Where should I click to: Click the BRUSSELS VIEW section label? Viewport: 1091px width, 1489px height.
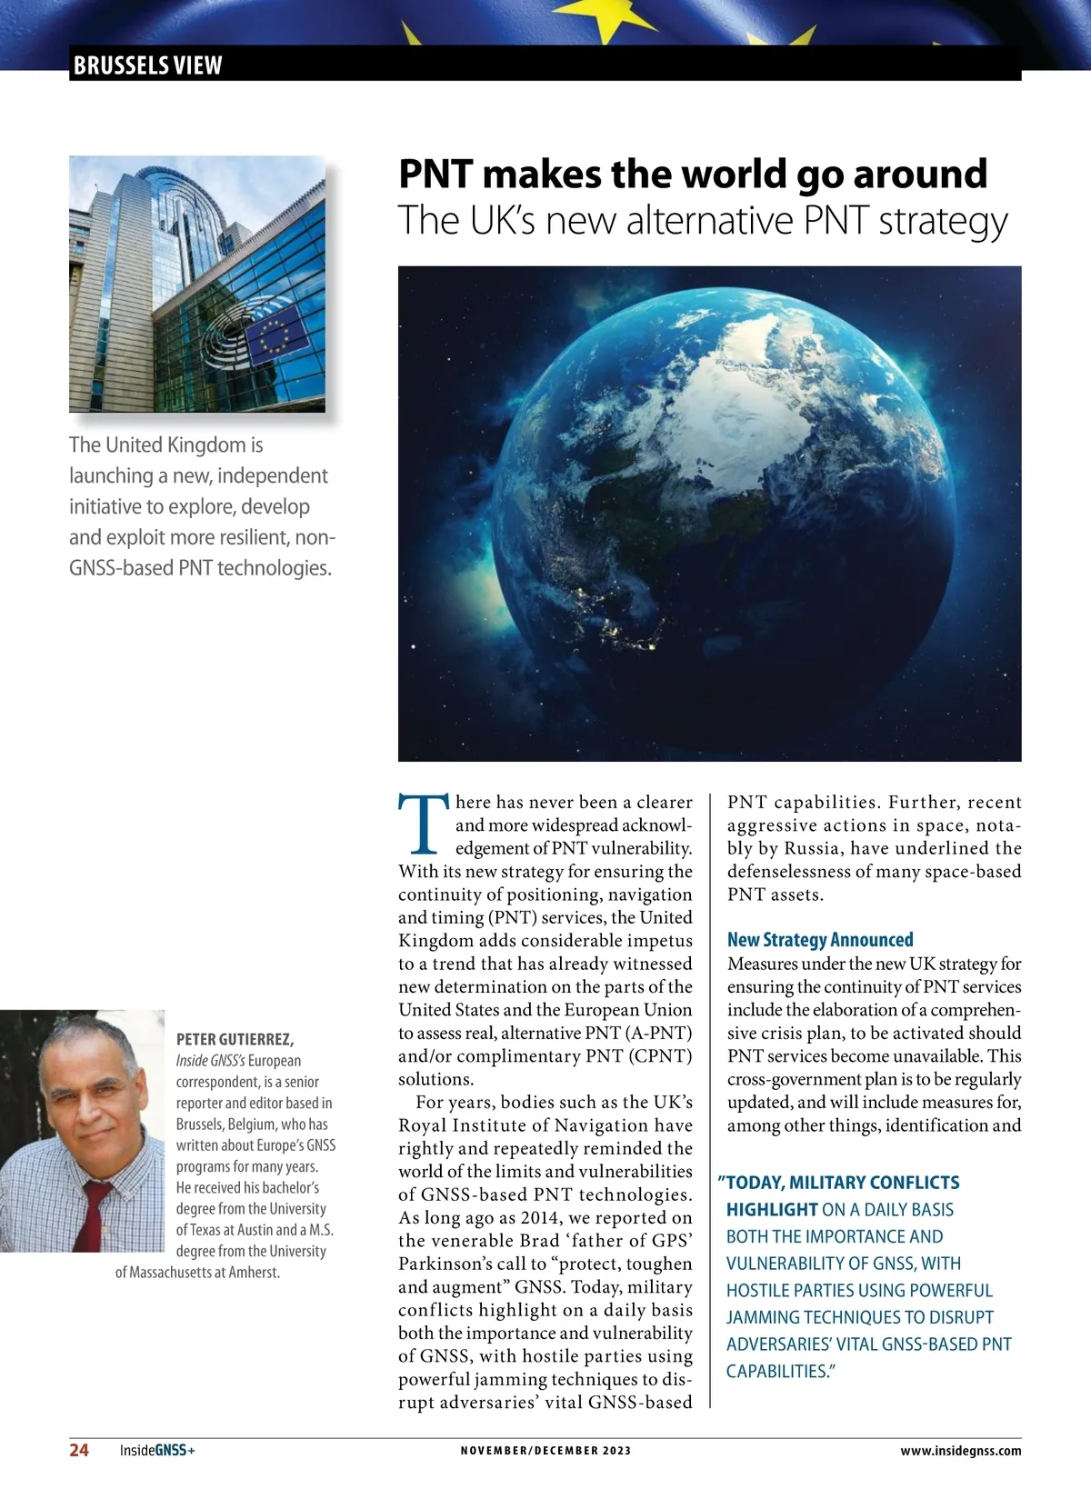(x=147, y=65)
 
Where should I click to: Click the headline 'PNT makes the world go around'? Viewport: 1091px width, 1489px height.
(x=693, y=174)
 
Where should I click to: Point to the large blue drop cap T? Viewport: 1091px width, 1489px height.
(x=424, y=824)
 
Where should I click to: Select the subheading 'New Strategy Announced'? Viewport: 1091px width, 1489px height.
(x=820, y=940)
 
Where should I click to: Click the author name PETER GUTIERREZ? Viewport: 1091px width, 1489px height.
(x=235, y=1039)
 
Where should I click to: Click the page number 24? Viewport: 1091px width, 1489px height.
(x=79, y=1450)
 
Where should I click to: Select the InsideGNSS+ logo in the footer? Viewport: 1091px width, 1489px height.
(x=157, y=1450)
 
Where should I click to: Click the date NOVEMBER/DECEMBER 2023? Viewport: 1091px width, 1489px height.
(x=545, y=1450)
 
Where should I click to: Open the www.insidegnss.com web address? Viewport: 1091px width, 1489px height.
(x=960, y=1451)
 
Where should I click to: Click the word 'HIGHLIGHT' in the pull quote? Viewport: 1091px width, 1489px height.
(x=772, y=1210)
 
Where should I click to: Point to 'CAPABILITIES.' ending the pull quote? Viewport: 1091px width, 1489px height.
(x=780, y=1371)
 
